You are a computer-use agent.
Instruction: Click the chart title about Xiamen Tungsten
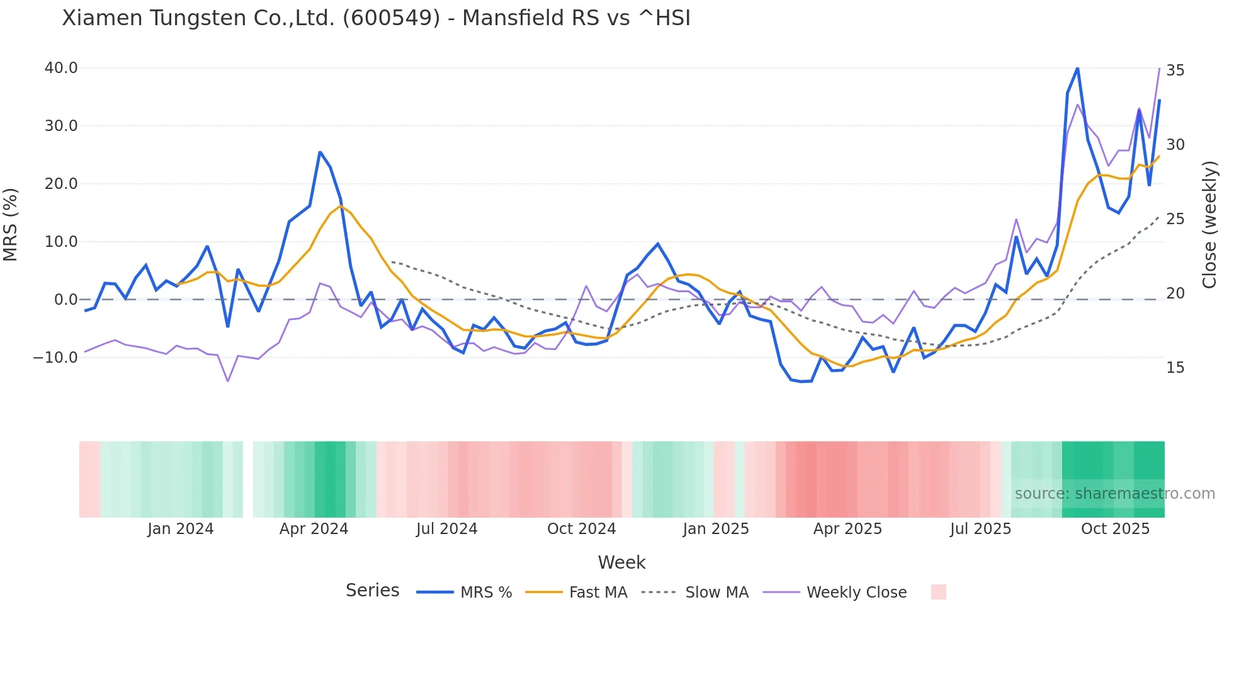376,18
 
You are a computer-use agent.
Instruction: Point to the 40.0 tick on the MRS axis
61,68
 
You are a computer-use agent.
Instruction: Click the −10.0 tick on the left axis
55,358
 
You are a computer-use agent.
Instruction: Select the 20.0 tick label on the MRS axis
61,184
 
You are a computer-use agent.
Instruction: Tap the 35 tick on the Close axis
1175,71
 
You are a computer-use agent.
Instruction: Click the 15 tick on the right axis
1175,368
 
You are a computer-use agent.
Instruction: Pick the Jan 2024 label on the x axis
181,529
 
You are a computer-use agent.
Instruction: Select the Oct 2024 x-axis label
581,529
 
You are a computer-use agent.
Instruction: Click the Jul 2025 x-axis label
980,529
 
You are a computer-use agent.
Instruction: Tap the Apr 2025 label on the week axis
847,529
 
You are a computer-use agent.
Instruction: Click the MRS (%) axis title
11,225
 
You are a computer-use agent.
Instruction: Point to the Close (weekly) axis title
1209,225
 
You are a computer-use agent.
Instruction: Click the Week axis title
621,562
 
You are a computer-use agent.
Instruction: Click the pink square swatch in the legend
938,592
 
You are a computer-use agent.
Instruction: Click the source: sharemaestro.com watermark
1114,494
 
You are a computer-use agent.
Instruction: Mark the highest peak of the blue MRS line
1077,68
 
